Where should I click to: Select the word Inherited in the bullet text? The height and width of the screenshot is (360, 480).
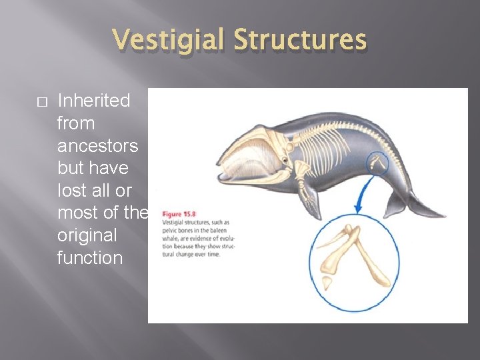[93, 101]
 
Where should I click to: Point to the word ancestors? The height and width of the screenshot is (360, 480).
[97, 145]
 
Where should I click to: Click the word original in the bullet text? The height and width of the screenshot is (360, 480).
[87, 235]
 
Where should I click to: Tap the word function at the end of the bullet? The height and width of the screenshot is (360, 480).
[90, 257]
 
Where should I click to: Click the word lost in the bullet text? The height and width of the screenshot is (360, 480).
[70, 190]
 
